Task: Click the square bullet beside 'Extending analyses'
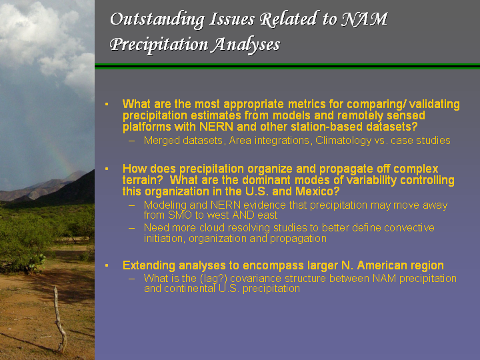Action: [x=107, y=265]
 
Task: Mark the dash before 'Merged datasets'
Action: [x=131, y=141]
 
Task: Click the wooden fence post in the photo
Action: [x=60, y=320]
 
